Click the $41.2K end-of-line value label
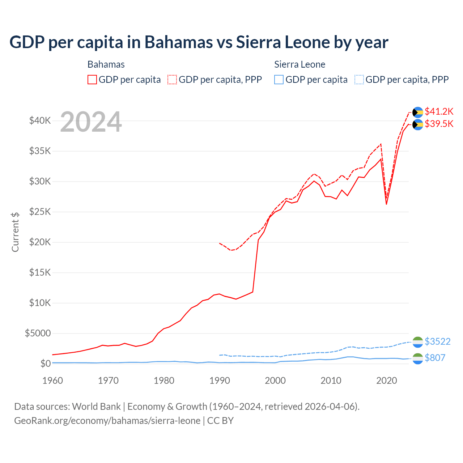(439, 111)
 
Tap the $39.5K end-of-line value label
(439, 124)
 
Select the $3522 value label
(437, 341)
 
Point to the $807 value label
(435, 358)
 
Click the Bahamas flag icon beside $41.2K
(418, 112)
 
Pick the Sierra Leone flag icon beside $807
(418, 358)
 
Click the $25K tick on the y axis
(40, 212)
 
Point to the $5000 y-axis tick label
(38, 333)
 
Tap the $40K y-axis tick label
(40, 120)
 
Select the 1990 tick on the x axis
(220, 381)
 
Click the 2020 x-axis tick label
(387, 381)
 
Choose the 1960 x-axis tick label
(52, 381)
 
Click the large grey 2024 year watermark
(91, 122)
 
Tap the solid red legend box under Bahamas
(92, 80)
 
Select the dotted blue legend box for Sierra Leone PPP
(359, 80)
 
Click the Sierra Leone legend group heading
(300, 64)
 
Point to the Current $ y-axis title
(15, 232)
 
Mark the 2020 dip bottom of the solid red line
(386, 204)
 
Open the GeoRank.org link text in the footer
(107, 421)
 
